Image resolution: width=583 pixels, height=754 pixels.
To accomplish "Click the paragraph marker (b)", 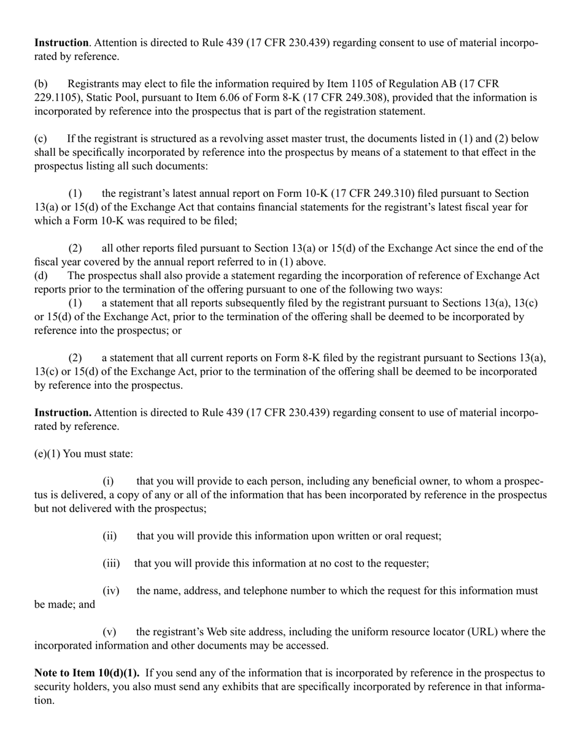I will pos(41,84).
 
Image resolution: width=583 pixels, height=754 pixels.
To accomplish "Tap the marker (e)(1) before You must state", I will pos(47,454).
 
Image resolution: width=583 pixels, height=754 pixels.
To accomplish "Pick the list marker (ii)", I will pos(109,536).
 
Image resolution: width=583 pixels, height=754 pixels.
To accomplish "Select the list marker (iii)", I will pos(110,564).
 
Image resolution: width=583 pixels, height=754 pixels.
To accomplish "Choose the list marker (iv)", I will pos(110,591).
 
